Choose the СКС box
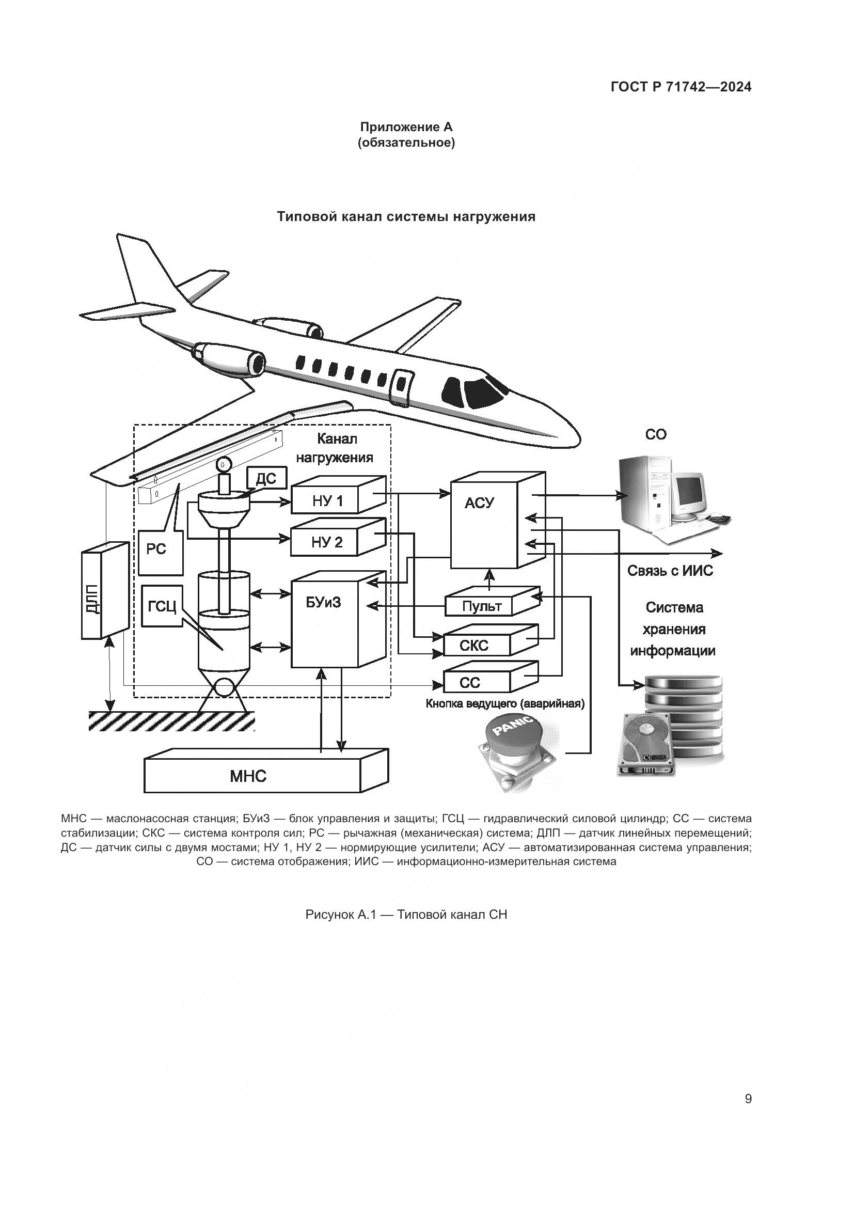tap(475, 645)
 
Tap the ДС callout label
tap(265, 478)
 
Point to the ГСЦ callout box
tap(162, 606)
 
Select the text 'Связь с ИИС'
tap(670, 571)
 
